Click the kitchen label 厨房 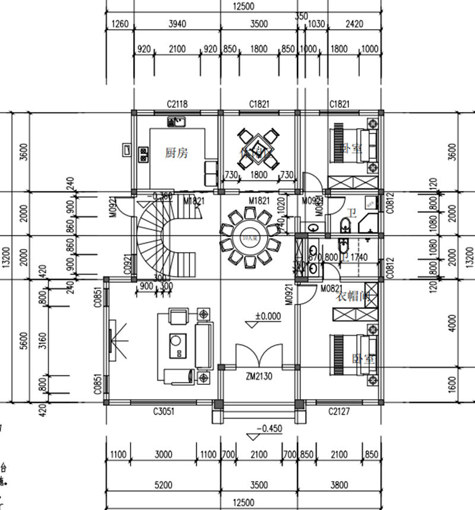(x=176, y=152)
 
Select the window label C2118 (x=177, y=104)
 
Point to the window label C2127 (x=338, y=411)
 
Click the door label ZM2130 (x=258, y=375)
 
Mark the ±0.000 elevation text (x=267, y=316)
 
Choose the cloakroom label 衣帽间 (x=353, y=297)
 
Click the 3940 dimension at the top (x=177, y=24)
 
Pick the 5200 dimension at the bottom (x=163, y=485)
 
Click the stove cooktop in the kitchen (x=143, y=155)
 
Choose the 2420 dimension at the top (x=353, y=24)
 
